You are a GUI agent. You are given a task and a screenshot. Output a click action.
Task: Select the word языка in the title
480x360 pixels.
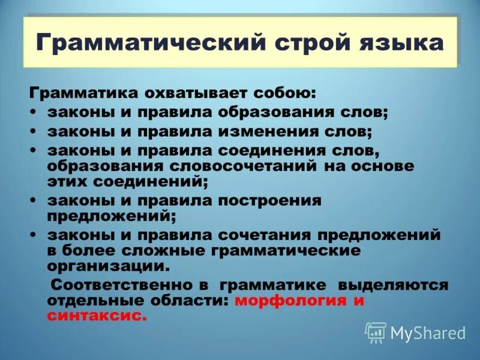coord(404,43)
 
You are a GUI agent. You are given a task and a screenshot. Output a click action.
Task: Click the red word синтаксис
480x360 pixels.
coord(97,316)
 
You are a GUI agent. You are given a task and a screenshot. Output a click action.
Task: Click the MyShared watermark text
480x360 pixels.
coord(428,332)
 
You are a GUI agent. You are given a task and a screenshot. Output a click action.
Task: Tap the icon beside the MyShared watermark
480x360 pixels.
coord(376,332)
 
